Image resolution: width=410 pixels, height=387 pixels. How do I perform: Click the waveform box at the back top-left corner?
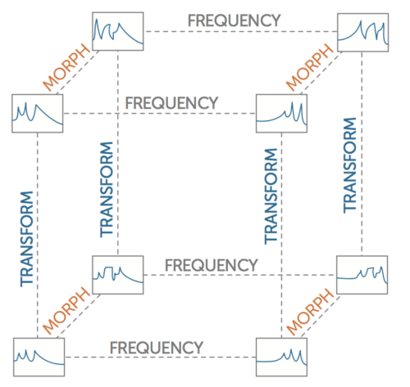click(x=118, y=31)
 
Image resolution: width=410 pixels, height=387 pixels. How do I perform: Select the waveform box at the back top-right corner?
click(x=363, y=33)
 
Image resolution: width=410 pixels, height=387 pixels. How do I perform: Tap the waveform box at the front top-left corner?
click(x=38, y=114)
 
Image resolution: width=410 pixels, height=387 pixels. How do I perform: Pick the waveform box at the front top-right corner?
click(x=281, y=114)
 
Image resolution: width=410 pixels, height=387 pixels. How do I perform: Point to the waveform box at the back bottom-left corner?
click(x=118, y=275)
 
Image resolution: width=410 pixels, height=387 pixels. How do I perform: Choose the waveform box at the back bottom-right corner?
click(x=362, y=275)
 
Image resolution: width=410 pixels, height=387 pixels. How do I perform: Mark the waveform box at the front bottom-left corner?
click(x=39, y=358)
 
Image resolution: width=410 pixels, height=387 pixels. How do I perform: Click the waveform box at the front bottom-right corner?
click(x=281, y=358)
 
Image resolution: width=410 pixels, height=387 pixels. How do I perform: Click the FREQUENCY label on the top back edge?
click(x=234, y=20)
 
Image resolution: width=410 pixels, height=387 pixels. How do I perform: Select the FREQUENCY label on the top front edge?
click(x=171, y=103)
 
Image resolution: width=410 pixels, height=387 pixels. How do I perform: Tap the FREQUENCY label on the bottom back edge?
click(x=212, y=265)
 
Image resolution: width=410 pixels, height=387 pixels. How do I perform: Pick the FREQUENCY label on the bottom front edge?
click(x=157, y=348)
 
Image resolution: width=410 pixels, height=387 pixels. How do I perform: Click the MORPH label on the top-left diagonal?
click(x=66, y=68)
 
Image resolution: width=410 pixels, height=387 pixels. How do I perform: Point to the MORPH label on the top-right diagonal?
click(x=310, y=68)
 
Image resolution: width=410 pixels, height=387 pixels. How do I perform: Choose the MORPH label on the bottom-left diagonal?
click(x=66, y=311)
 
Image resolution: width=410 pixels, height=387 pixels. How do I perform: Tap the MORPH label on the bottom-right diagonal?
click(x=310, y=312)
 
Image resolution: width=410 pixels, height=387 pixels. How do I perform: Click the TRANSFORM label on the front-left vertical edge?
click(x=27, y=239)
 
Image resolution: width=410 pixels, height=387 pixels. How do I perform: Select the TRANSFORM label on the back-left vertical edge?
click(x=107, y=190)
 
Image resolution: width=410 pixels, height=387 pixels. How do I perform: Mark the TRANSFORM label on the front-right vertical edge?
click(x=271, y=196)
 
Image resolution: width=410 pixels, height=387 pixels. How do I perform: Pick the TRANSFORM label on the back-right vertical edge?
click(x=350, y=165)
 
